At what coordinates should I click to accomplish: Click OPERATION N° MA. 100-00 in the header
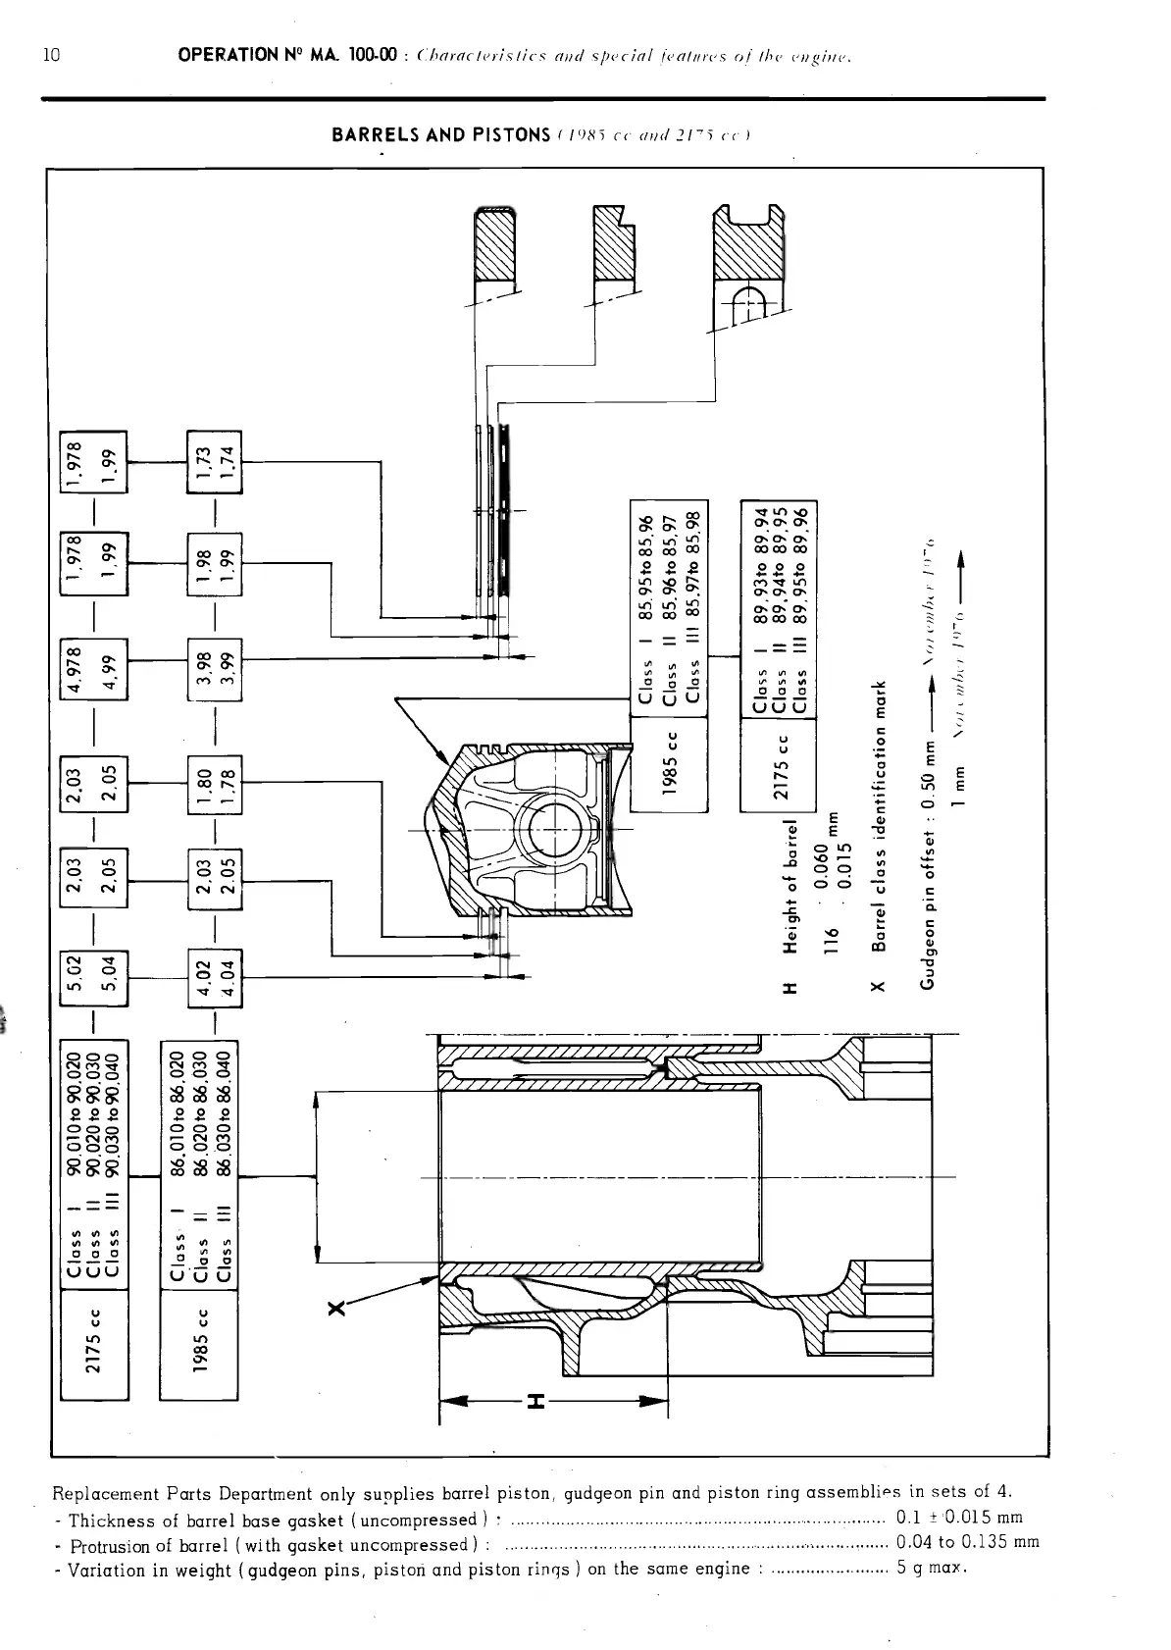click(287, 56)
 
